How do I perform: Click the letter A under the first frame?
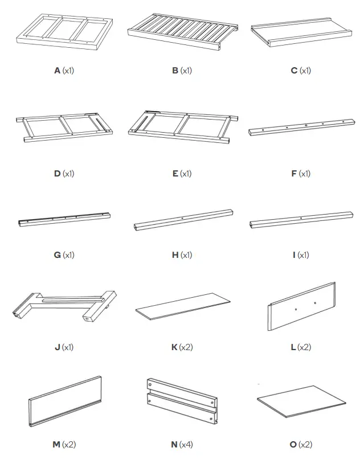[x=58, y=71]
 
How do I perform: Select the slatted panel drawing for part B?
[x=182, y=32]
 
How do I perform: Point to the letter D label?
[x=58, y=173]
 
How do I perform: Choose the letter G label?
[x=58, y=254]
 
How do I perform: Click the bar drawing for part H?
[x=182, y=220]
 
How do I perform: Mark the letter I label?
[x=294, y=254]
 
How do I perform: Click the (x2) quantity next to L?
[x=304, y=347]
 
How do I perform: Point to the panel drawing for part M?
[x=64, y=401]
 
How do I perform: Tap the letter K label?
[x=174, y=347]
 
